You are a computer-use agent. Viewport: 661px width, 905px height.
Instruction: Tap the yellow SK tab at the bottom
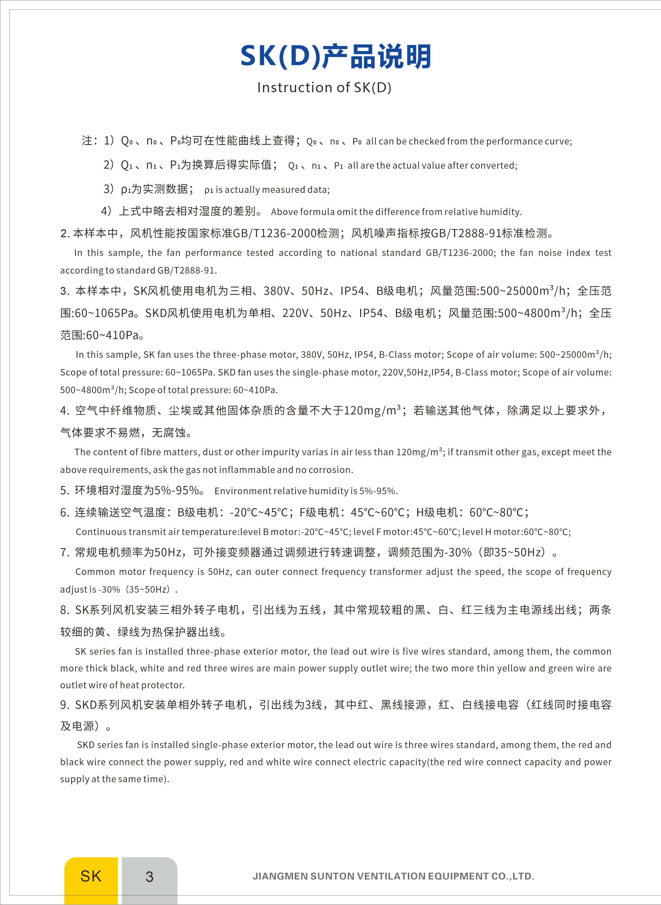pos(91,876)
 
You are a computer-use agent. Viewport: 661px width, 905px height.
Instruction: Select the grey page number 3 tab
pos(149,877)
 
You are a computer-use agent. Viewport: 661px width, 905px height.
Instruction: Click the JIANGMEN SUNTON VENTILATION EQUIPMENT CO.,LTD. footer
pos(393,876)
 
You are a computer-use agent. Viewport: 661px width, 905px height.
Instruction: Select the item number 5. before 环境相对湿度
pos(65,491)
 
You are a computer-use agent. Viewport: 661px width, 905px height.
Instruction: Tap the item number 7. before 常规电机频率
pos(65,553)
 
